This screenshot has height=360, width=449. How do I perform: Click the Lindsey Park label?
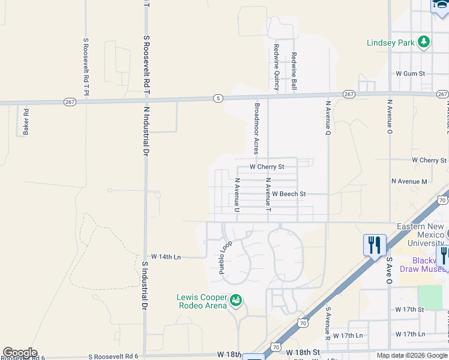pos(391,43)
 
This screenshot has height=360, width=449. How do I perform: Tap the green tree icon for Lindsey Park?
pos(424,41)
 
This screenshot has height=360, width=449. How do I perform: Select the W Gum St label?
pos(410,73)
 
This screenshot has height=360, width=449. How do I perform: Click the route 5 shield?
pos(217,98)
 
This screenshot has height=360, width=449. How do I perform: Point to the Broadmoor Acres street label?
pos(256,127)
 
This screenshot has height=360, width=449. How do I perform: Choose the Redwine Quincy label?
pos(277,67)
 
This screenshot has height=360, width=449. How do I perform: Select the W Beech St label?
pos(289,194)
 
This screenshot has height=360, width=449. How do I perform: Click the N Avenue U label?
pos(237,194)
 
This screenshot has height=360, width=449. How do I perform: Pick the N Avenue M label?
pos(409,181)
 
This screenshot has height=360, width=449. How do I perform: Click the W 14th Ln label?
pos(166,256)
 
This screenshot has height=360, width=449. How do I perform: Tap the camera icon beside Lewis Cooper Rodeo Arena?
pos(236,299)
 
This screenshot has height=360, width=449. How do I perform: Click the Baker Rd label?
pos(26,121)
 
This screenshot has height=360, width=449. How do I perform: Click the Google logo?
pos(20,353)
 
